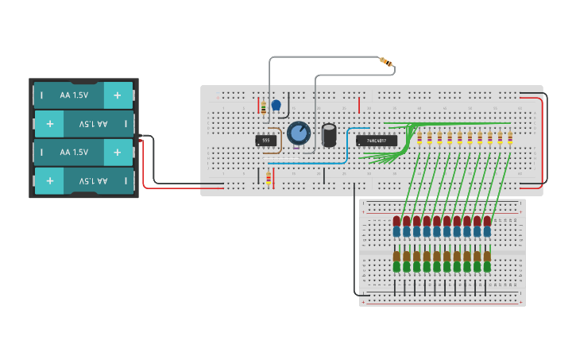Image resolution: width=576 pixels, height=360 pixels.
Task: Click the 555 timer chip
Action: point(266,141)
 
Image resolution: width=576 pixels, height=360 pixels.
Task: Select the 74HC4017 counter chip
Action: point(376,141)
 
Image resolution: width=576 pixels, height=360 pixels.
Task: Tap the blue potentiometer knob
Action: point(299,133)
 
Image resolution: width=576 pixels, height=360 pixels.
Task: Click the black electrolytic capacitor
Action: point(329,134)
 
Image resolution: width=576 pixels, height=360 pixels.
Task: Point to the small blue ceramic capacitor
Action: point(276,105)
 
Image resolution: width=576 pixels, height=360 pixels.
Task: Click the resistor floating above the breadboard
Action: point(387,62)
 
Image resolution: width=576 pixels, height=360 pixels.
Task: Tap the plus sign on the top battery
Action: point(118,95)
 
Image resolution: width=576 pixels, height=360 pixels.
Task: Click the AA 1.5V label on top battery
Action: point(75,95)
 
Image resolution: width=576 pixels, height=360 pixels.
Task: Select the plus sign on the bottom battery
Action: point(49,181)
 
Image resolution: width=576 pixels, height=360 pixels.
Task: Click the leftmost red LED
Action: point(396,220)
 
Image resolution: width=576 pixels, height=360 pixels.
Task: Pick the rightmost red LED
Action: point(487,220)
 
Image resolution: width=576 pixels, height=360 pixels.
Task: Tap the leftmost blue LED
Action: point(396,232)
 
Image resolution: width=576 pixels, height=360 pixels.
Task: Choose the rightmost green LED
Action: point(487,267)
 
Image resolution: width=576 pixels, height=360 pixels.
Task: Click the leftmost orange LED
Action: point(396,256)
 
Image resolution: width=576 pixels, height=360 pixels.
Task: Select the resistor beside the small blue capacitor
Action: point(263,106)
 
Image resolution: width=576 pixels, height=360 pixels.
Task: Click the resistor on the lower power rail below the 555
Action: point(269,179)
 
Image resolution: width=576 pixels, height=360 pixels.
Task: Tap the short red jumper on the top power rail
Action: point(359,105)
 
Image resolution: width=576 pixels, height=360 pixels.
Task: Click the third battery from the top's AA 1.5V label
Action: point(75,153)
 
